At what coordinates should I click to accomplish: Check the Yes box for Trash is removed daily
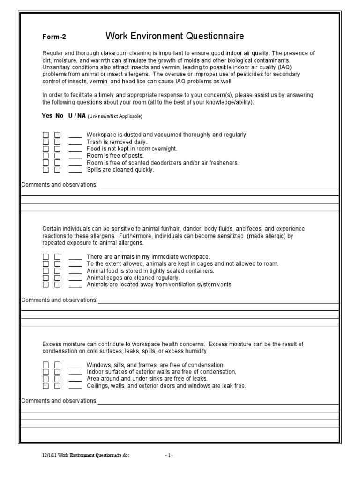46,142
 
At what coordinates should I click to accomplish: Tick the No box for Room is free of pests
57,156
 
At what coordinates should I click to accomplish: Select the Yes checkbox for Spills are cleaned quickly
46,170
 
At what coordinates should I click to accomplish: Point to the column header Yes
47,116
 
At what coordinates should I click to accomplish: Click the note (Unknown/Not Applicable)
114,116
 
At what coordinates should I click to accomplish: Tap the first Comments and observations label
59,185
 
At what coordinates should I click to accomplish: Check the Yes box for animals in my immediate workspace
46,257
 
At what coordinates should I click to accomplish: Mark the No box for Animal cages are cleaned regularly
57,277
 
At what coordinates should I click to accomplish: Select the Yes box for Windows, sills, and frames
46,365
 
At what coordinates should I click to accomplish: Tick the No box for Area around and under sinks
57,379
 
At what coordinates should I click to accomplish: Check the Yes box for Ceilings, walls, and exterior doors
46,386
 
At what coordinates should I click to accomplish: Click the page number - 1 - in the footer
169,455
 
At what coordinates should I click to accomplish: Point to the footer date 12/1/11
48,455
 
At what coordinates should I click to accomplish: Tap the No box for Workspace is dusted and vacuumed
57,135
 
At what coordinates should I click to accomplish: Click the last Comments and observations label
59,401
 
